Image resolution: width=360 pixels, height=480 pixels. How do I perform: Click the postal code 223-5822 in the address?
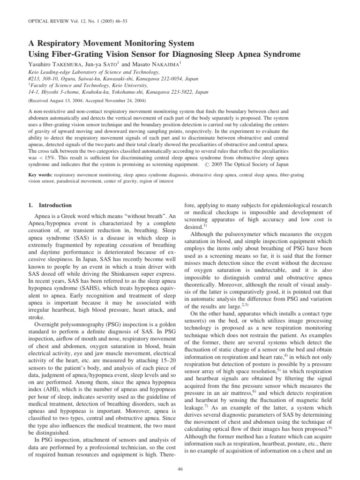(x=184, y=93)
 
